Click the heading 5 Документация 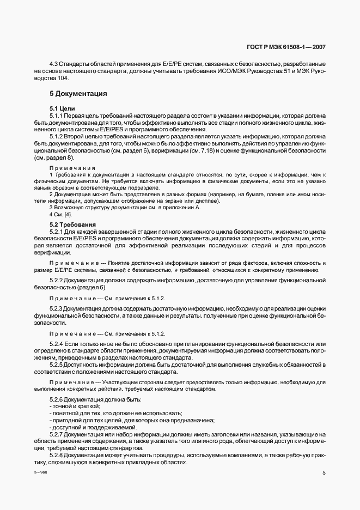(78, 94)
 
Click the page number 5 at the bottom (324, 473)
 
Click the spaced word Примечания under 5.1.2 (72, 168)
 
